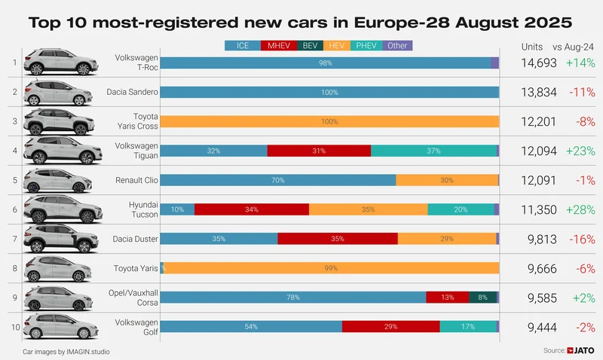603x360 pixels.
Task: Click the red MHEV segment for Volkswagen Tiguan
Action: pyautogui.click(x=319, y=151)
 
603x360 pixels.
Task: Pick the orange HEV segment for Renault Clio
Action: pyautogui.click(x=447, y=180)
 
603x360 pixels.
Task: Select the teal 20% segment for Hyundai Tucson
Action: pyautogui.click(x=461, y=209)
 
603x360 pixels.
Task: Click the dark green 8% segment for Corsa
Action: pyautogui.click(x=482, y=297)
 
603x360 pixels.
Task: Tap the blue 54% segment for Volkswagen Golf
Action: pyautogui.click(x=251, y=327)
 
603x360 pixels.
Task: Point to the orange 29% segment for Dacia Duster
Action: pyautogui.click(x=447, y=239)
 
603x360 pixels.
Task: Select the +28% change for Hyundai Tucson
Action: pyautogui.click(x=580, y=209)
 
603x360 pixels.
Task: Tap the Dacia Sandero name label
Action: pyautogui.click(x=133, y=92)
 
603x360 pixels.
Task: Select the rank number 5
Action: pyautogui.click(x=14, y=180)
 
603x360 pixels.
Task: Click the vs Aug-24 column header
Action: pyautogui.click(x=580, y=47)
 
